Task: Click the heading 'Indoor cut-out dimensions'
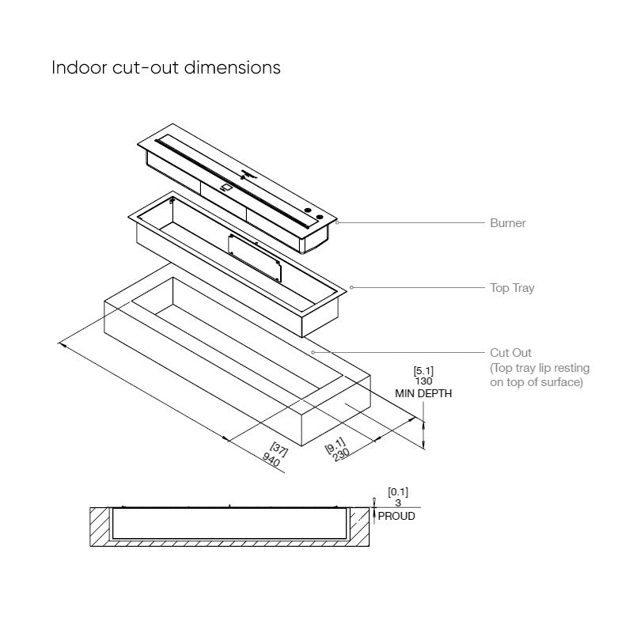(x=166, y=67)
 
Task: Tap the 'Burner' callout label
(x=507, y=223)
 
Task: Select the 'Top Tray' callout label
(x=512, y=288)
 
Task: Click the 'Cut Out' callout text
(x=510, y=353)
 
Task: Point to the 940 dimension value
(x=271, y=461)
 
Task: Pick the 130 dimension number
(x=423, y=381)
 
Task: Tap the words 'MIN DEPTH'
(x=423, y=393)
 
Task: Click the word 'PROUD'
(x=396, y=516)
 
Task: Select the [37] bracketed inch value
(x=279, y=451)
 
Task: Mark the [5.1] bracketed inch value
(x=423, y=370)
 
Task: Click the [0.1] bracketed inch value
(x=398, y=492)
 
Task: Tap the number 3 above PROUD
(x=397, y=503)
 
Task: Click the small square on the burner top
(x=227, y=188)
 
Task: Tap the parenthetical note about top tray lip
(x=540, y=375)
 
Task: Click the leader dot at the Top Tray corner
(x=351, y=287)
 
